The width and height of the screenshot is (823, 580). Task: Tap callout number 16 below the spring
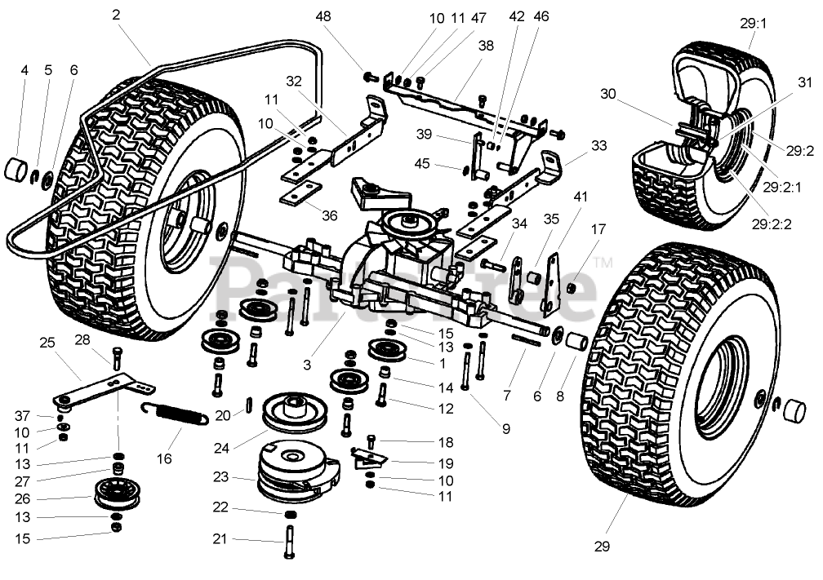pyautogui.click(x=165, y=458)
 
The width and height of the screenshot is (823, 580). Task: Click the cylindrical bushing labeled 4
pyautogui.click(x=18, y=173)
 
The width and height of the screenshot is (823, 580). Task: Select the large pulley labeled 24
pyautogui.click(x=295, y=411)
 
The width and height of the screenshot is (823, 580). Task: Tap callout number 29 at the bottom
pyautogui.click(x=602, y=547)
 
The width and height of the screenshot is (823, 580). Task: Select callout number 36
pyautogui.click(x=330, y=215)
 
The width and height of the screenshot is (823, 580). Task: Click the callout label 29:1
pyautogui.click(x=754, y=24)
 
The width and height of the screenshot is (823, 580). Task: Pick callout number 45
pyautogui.click(x=444, y=163)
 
